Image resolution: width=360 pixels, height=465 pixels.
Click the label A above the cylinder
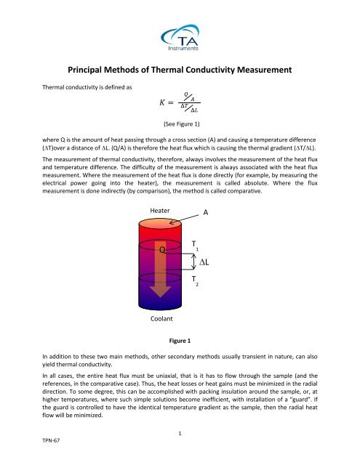(206, 214)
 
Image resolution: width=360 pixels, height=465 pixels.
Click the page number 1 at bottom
(180, 433)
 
